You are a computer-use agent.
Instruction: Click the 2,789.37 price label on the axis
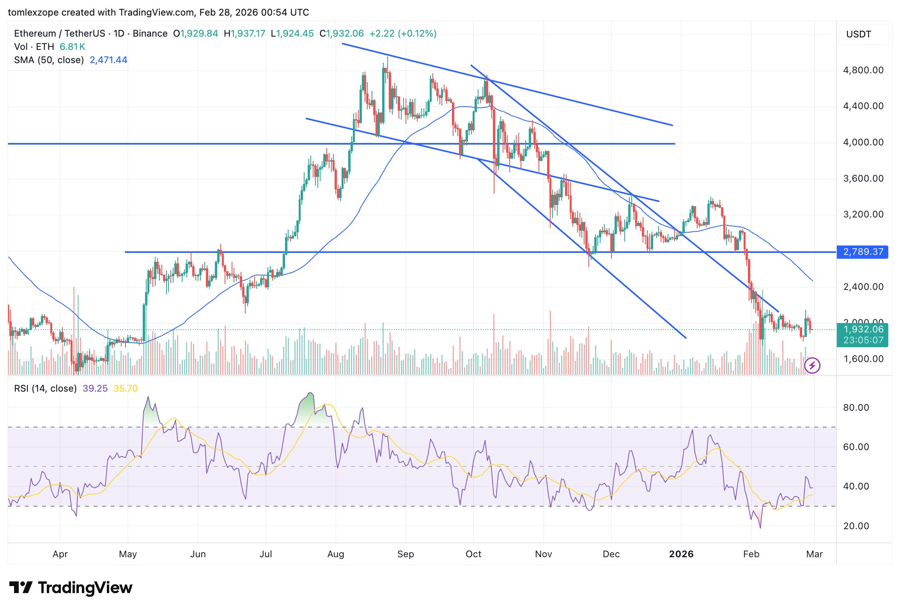(x=863, y=252)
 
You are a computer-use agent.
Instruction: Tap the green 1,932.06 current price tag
(x=863, y=330)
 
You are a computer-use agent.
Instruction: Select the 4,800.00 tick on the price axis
(x=863, y=70)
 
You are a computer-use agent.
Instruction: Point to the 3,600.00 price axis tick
(x=863, y=178)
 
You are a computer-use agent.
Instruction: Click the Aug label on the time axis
(x=336, y=554)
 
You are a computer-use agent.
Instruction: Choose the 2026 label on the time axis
(x=681, y=554)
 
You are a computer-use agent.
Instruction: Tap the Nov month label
(x=543, y=554)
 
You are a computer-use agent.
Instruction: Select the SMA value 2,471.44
(x=108, y=60)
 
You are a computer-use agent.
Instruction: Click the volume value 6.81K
(x=72, y=47)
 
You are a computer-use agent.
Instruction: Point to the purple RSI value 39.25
(x=95, y=388)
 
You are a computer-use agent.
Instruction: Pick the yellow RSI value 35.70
(x=125, y=388)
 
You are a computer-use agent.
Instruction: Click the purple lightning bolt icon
(x=812, y=366)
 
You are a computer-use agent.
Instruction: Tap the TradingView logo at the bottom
(x=71, y=588)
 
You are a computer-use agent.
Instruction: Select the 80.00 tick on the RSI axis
(x=856, y=408)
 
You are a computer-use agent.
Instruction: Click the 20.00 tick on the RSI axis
(x=856, y=526)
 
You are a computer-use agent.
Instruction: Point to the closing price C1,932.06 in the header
(x=342, y=34)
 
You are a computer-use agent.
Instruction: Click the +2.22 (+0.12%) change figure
(x=403, y=34)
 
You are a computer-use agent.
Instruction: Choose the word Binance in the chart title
(x=150, y=34)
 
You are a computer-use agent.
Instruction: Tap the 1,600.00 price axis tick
(x=863, y=359)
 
